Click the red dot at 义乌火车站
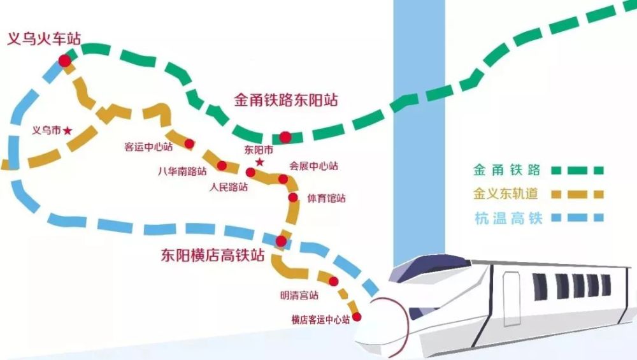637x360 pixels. pyautogui.click(x=64, y=61)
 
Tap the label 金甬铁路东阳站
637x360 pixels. pyautogui.click(x=286, y=101)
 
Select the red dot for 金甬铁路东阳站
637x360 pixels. pyautogui.click(x=285, y=136)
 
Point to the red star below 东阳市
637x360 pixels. pyautogui.click(x=259, y=162)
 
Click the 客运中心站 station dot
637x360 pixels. pyautogui.click(x=189, y=144)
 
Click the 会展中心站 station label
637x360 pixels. pyautogui.click(x=313, y=166)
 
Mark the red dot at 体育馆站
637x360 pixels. pyautogui.click(x=292, y=198)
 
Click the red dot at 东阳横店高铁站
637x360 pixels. pyautogui.click(x=281, y=241)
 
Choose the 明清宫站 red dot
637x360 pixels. pyautogui.click(x=333, y=282)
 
